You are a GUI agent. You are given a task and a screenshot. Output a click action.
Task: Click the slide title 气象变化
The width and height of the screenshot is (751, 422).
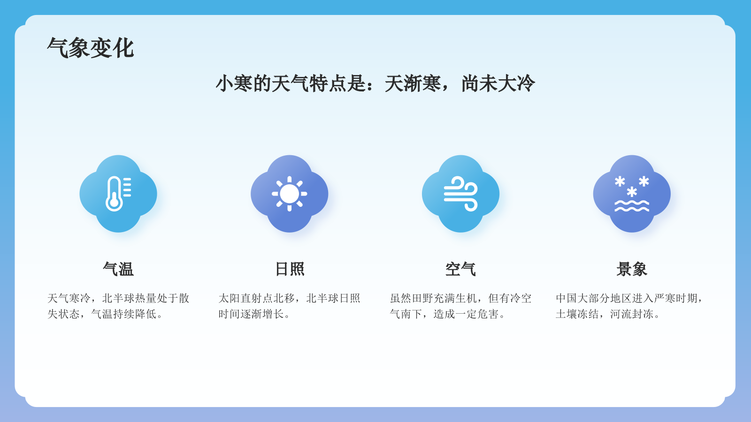click(91, 48)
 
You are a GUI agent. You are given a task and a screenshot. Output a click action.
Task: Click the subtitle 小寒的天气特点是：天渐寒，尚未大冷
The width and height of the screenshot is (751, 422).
click(375, 84)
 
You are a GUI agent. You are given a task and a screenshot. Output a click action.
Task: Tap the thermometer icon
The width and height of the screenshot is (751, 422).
click(118, 194)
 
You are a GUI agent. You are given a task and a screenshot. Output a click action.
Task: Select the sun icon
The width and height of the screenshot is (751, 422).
click(289, 194)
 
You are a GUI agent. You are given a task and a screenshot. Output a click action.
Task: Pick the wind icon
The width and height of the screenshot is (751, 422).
click(460, 194)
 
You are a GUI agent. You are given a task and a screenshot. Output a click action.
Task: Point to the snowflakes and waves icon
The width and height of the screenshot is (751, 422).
click(632, 194)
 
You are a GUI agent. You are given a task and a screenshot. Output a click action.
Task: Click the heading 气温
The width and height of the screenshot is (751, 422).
click(118, 269)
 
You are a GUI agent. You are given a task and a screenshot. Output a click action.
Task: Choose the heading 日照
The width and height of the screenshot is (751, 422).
click(289, 269)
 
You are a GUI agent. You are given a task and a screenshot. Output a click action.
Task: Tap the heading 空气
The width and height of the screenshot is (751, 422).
click(460, 269)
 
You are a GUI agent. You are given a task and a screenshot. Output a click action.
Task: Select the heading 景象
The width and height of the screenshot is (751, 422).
click(632, 269)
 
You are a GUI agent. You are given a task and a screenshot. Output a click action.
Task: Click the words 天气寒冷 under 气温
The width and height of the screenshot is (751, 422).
click(69, 298)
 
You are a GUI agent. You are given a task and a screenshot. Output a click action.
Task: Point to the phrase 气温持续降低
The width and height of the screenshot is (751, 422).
click(123, 314)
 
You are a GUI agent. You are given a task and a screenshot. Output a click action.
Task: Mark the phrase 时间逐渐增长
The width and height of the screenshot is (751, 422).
click(251, 314)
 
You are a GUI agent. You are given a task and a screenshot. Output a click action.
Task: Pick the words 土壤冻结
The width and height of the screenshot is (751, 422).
click(577, 314)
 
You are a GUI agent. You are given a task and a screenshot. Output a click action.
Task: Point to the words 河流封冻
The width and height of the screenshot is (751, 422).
click(632, 314)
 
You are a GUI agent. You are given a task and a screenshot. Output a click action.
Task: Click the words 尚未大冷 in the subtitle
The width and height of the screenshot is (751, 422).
click(498, 84)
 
